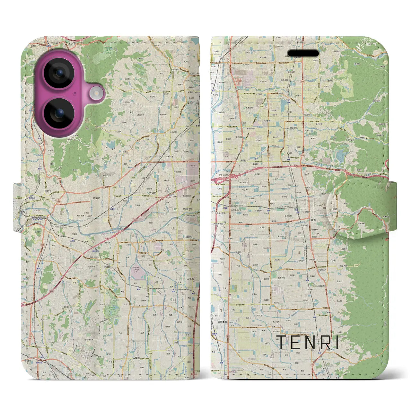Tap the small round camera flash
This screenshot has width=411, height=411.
95,93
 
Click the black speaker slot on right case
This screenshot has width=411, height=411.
303,53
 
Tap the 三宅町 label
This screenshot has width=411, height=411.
191,279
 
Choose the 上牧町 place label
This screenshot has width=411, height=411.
65,307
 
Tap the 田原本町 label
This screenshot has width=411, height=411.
222,322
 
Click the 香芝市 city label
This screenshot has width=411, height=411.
28,361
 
